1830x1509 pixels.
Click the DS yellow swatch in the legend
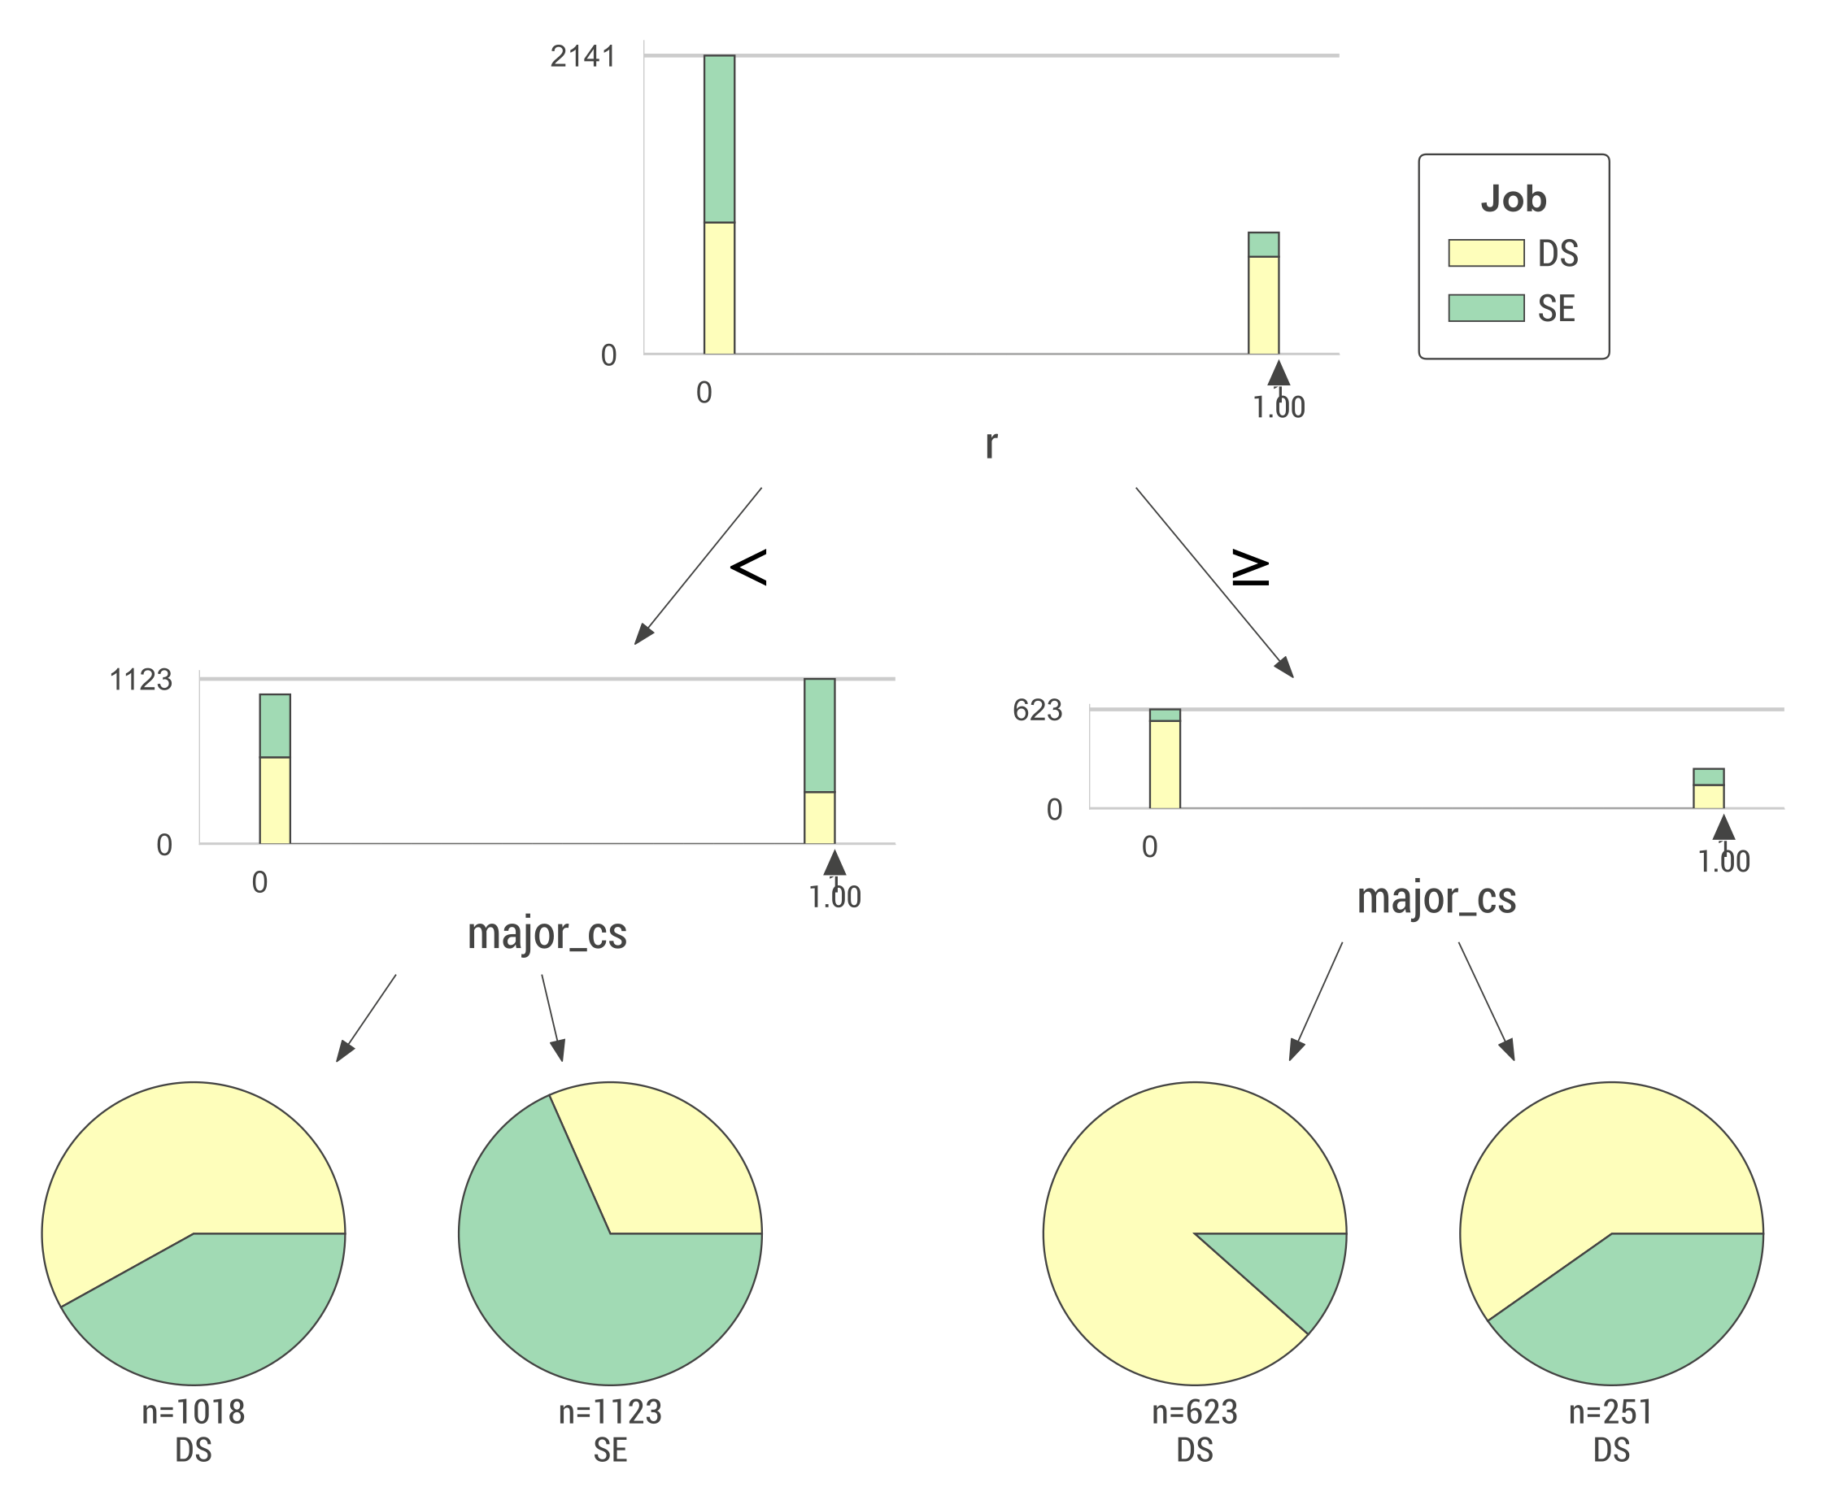click(1485, 253)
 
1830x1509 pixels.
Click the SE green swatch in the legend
click(1485, 307)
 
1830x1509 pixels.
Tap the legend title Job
click(1513, 199)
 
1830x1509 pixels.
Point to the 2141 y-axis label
click(582, 56)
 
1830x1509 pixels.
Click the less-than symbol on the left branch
click(747, 567)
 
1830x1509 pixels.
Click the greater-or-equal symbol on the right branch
click(1250, 568)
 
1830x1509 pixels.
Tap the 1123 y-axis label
click(141, 680)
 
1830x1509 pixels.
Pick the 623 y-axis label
click(1036, 710)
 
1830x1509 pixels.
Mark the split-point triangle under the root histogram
click(1277, 374)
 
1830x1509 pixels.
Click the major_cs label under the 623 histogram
click(1436, 898)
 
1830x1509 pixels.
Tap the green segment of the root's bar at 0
click(719, 139)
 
